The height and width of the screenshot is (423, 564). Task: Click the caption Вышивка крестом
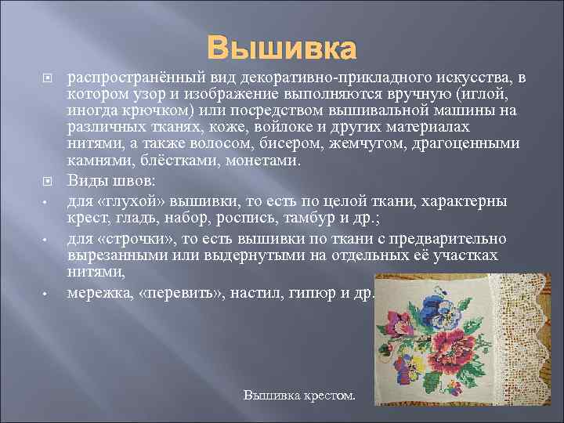(299, 396)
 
